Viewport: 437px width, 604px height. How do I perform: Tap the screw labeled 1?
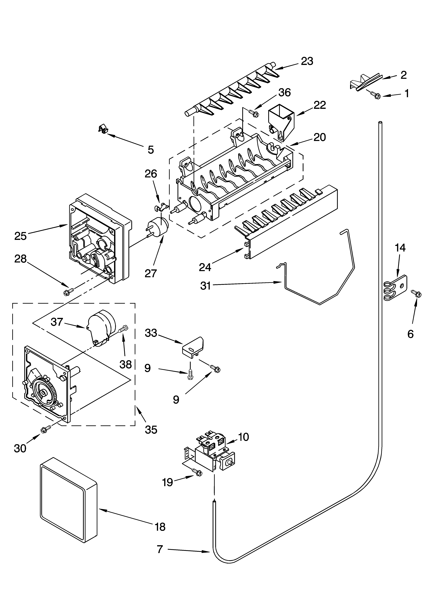point(375,95)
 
